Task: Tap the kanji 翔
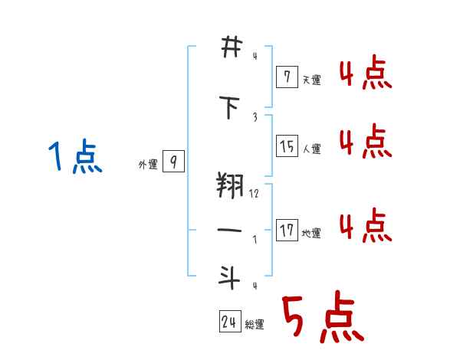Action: [x=230, y=186]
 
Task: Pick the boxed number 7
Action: [x=287, y=76]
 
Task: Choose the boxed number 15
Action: [x=287, y=146]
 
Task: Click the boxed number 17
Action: [x=287, y=231]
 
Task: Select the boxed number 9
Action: [x=174, y=162]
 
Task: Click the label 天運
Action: [x=311, y=79]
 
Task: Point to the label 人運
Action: [x=311, y=149]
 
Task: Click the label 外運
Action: [x=147, y=164]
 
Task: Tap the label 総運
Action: [x=255, y=325]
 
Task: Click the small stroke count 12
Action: [x=254, y=195]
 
